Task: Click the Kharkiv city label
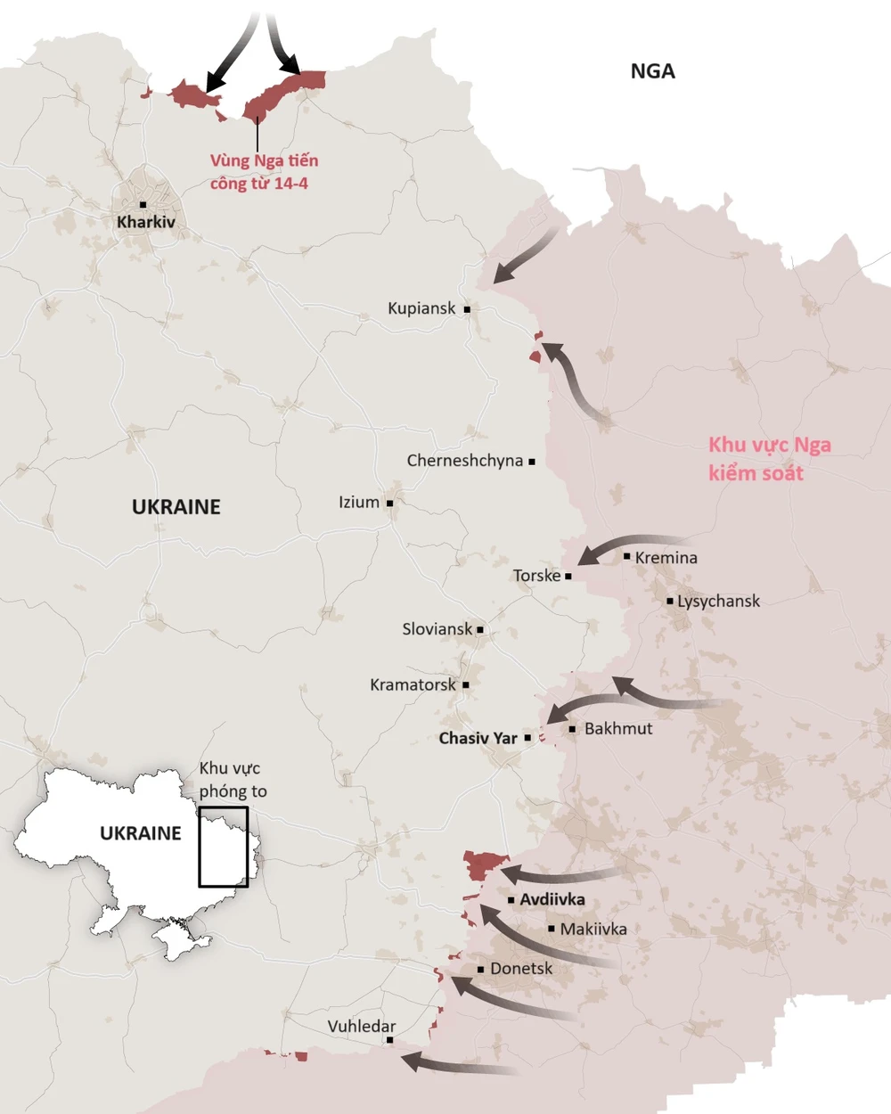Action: (x=146, y=222)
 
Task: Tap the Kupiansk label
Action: (x=421, y=308)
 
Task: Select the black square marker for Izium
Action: (x=389, y=504)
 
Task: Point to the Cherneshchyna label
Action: (x=464, y=461)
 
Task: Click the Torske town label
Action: (x=536, y=576)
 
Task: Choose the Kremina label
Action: (x=666, y=558)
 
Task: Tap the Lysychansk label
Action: (x=718, y=601)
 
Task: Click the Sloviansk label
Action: (x=437, y=629)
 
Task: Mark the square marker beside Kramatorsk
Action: (x=466, y=685)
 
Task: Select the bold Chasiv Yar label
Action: (x=478, y=738)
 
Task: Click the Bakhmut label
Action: (x=618, y=728)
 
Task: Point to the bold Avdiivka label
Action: (x=552, y=899)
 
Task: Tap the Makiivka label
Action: (x=593, y=929)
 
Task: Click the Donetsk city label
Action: (x=521, y=969)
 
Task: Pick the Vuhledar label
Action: (x=362, y=1027)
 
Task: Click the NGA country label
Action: (x=652, y=71)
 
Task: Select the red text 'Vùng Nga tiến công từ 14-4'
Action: (x=264, y=172)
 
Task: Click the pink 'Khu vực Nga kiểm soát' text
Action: (x=769, y=459)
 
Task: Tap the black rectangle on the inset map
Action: (x=223, y=847)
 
